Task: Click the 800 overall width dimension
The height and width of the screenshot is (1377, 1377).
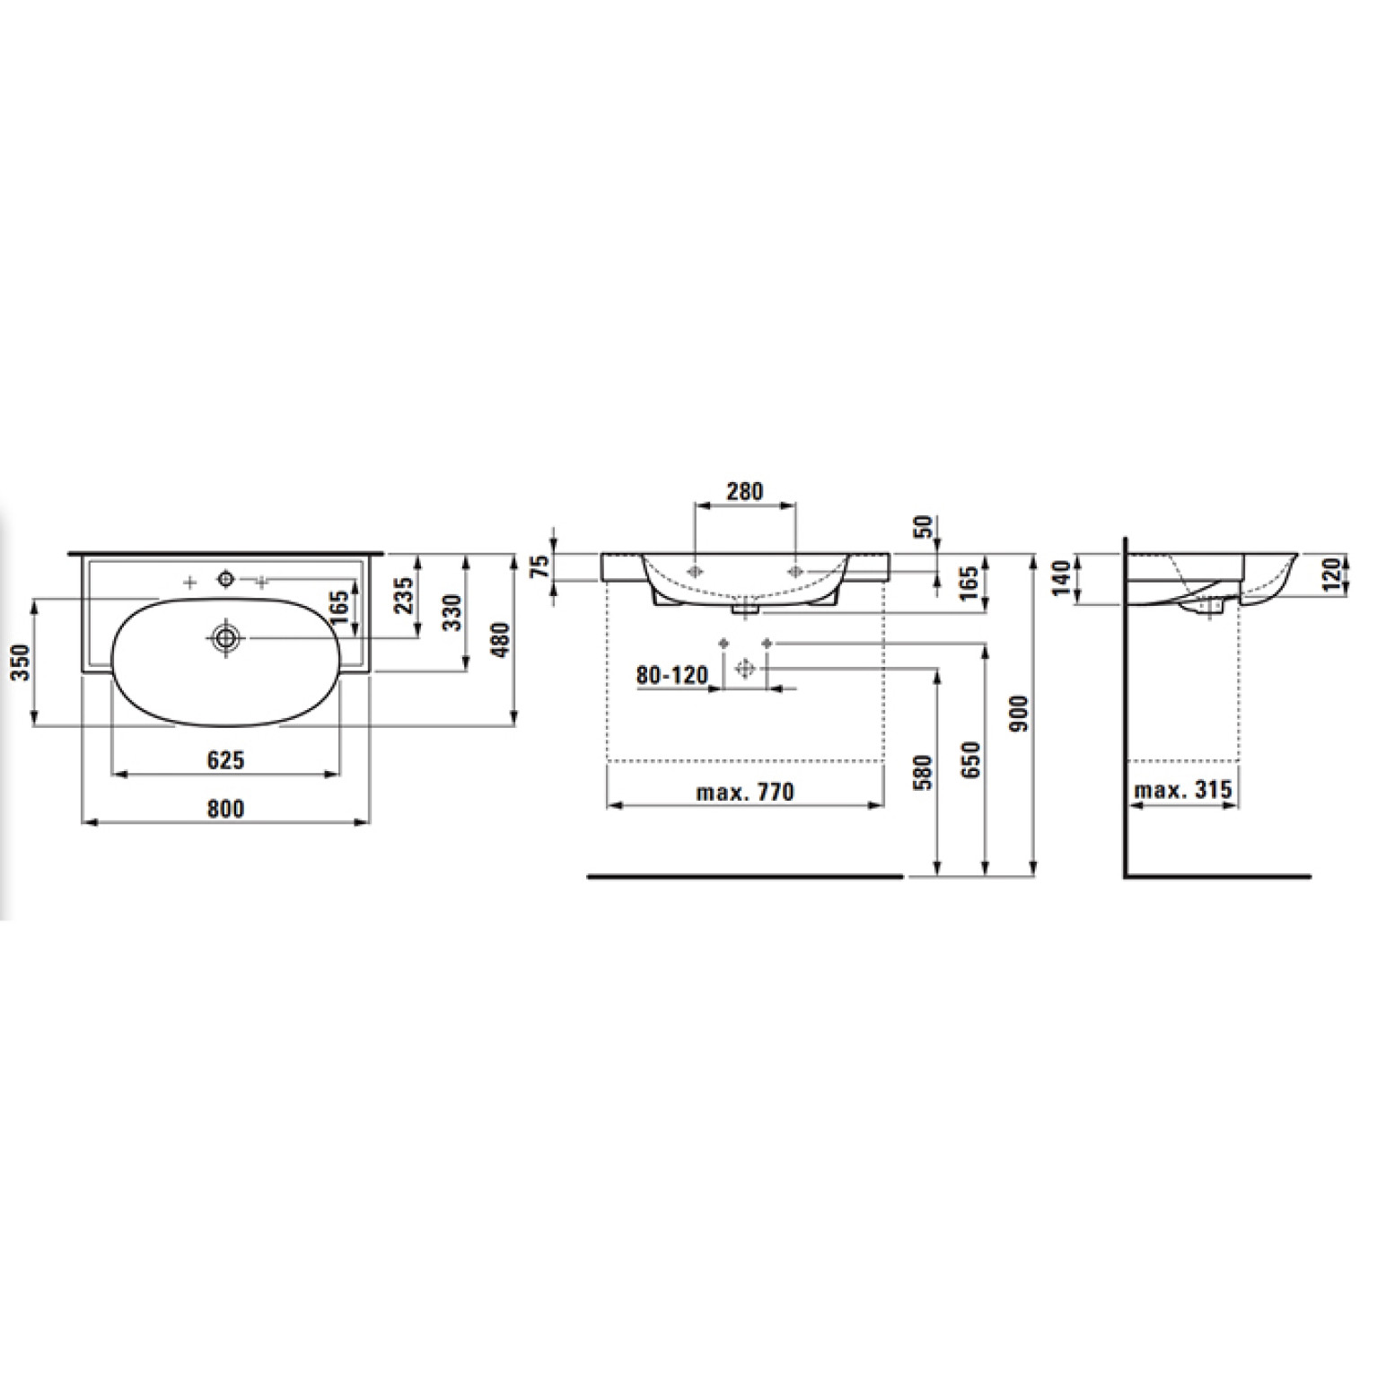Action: click(226, 809)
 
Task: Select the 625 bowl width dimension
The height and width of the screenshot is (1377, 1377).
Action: click(226, 760)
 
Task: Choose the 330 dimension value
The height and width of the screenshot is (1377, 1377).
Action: click(453, 612)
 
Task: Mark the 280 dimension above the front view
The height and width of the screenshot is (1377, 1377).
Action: click(745, 491)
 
